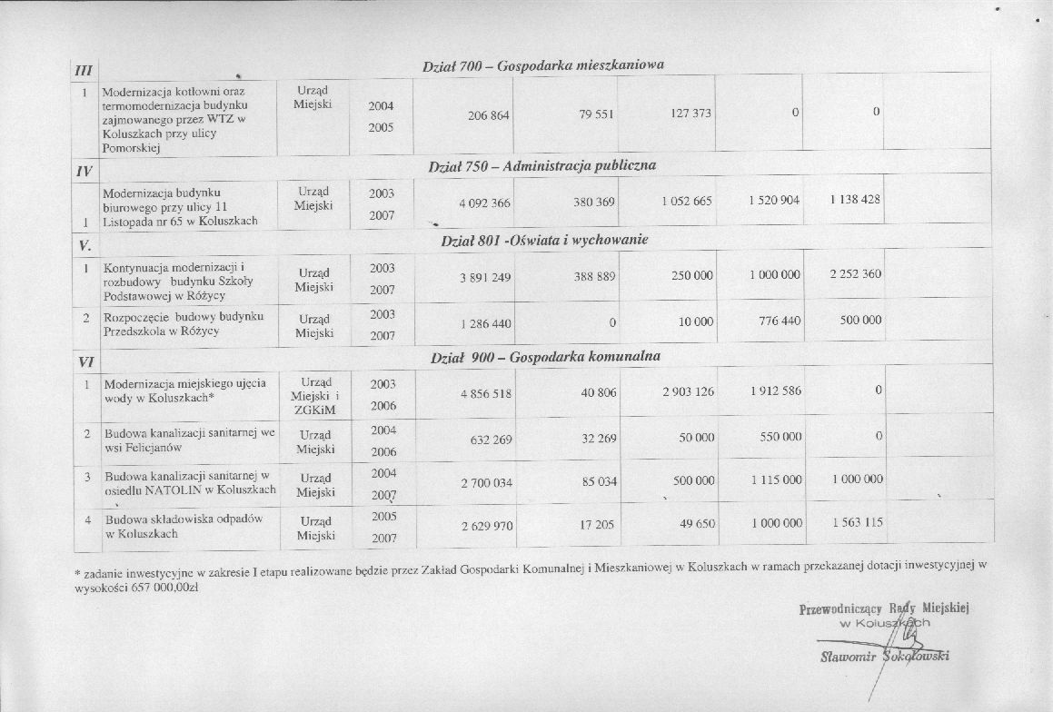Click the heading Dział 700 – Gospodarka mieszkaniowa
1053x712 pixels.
543,66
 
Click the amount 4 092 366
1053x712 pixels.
484,203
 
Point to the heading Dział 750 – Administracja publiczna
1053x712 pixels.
541,166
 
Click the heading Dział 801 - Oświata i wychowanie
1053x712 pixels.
543,241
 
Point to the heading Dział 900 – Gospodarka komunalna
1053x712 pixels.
545,358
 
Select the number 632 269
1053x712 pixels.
492,440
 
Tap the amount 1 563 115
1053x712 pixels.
856,523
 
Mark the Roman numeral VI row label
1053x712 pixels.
86,361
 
